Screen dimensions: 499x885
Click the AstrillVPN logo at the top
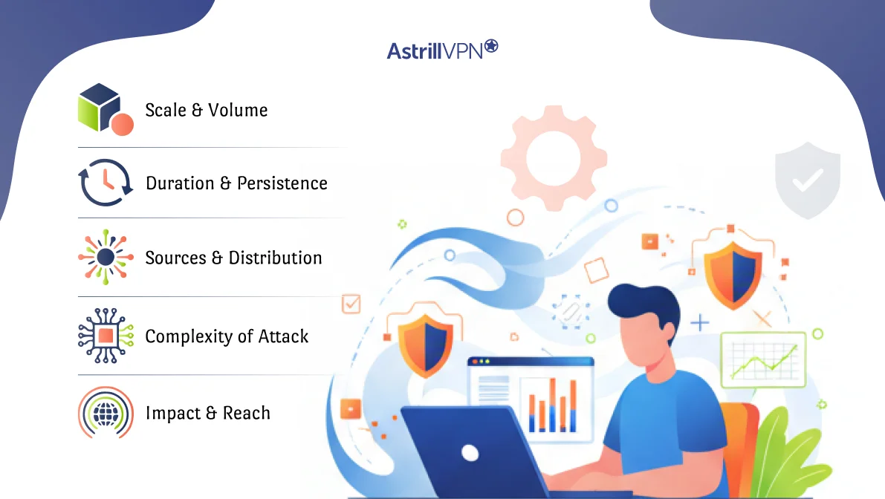(x=442, y=50)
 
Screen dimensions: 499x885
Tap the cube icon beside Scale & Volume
(x=105, y=108)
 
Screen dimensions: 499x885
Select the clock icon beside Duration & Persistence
(x=105, y=183)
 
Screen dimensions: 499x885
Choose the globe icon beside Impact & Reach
(x=105, y=413)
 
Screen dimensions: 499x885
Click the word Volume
(x=238, y=110)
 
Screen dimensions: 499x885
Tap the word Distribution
(x=275, y=258)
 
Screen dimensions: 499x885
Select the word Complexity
(x=189, y=336)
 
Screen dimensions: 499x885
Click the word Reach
(x=247, y=413)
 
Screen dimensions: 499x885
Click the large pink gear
(x=553, y=157)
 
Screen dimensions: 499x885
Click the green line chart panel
(x=763, y=360)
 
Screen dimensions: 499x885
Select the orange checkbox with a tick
(x=351, y=303)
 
